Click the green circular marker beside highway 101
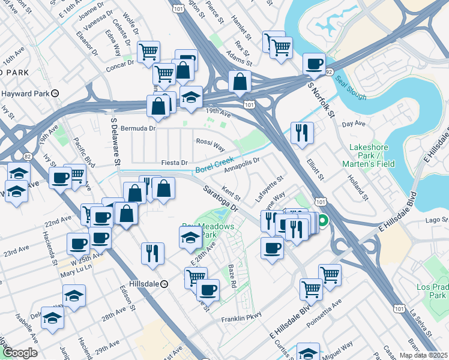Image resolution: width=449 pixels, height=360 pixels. (x=322, y=221)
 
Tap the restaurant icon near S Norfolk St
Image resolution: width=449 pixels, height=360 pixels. (x=301, y=133)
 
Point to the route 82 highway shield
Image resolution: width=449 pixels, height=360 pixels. (x=28, y=156)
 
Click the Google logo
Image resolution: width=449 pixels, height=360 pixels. (x=19, y=353)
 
